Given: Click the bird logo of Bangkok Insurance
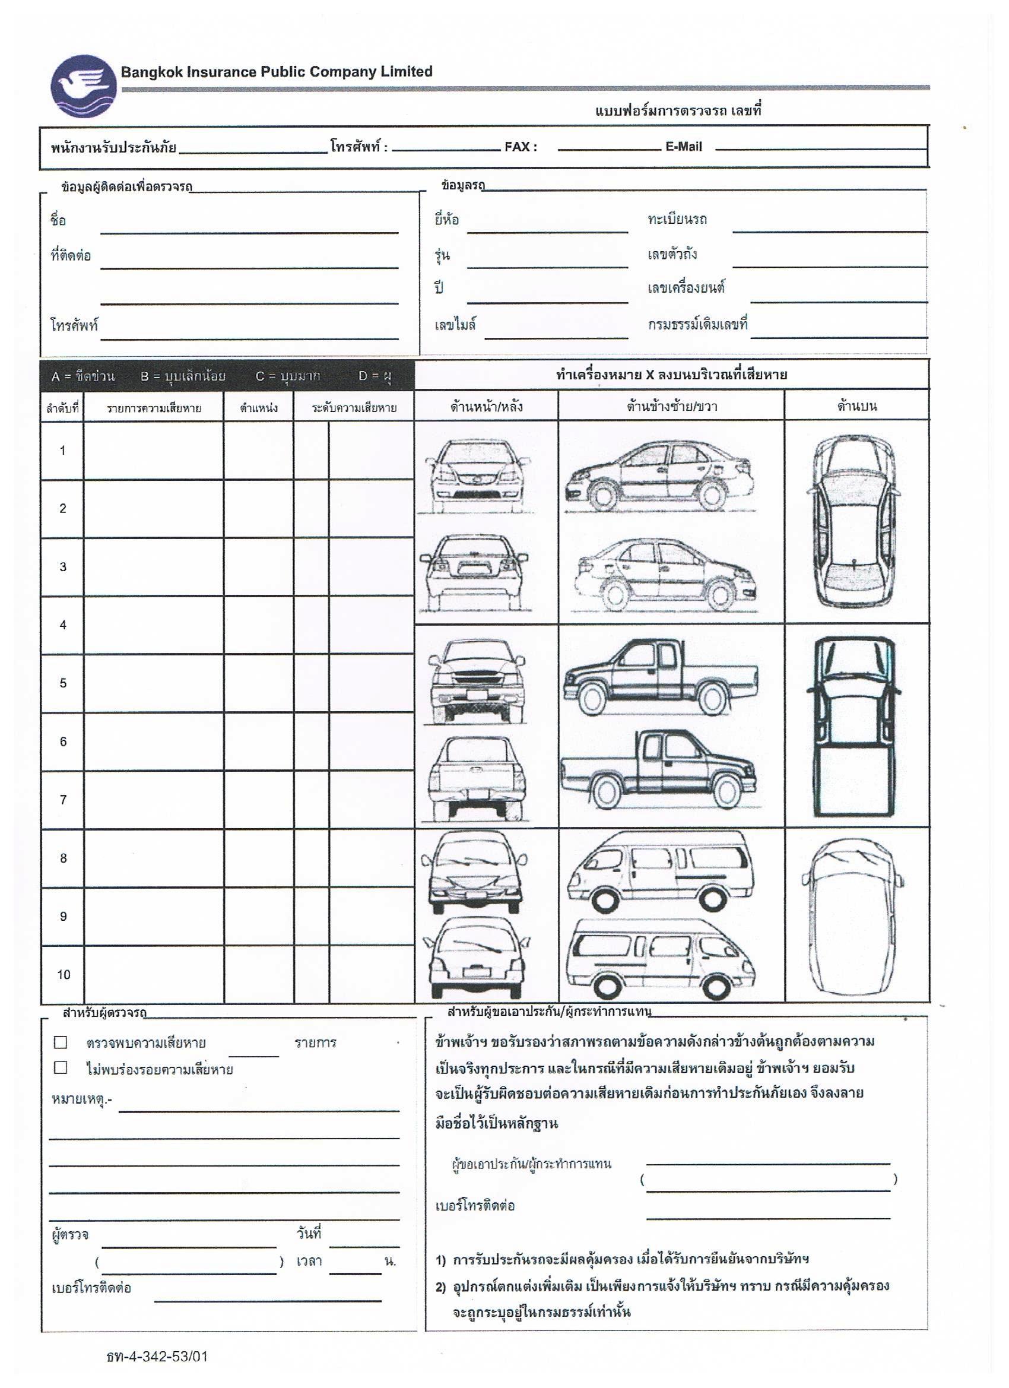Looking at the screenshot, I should coord(83,86).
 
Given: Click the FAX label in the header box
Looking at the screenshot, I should coord(521,147).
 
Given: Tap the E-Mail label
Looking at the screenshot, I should coord(684,147).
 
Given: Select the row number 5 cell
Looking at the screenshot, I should coord(62,683).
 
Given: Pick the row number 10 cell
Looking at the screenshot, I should coord(63,974).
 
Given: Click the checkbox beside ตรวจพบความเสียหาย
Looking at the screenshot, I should coord(61,1042).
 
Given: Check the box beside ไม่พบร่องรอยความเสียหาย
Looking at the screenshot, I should coord(61,1067).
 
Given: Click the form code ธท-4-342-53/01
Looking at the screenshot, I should coord(157,1356).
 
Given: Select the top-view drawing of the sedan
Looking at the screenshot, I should coord(855,521).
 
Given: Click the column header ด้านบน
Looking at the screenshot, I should coord(856,406).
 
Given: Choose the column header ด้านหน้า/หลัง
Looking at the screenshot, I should coord(487,406).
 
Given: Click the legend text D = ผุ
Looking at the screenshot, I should coord(375,376).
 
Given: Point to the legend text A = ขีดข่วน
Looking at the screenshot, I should coord(83,376).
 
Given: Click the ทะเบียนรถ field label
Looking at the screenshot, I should coord(677,219).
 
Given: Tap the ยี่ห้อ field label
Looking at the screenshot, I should coord(447,219).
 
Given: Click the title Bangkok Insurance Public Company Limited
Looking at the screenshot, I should coord(277,72).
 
